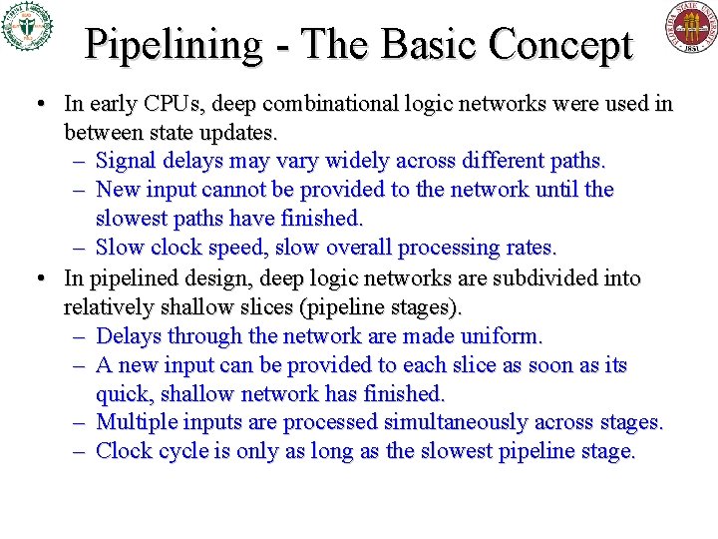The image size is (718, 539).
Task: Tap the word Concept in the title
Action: coord(562,45)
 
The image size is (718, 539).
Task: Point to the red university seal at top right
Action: coord(691,27)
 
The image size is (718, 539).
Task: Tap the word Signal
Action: coord(127,161)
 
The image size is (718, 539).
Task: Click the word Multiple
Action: coord(136,422)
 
